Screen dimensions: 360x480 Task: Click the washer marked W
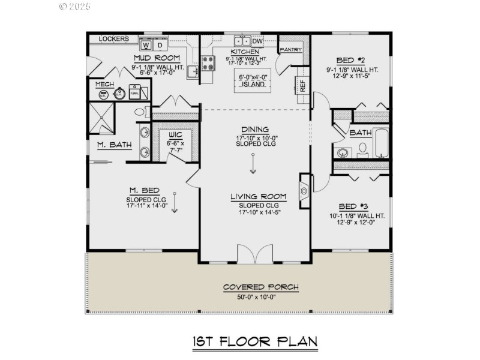point(146,45)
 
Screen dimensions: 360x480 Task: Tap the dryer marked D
point(160,45)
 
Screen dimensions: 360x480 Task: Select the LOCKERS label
point(114,39)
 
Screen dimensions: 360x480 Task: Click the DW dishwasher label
point(257,41)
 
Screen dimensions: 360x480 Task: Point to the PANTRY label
point(290,50)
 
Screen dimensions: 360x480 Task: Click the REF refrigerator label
point(302,85)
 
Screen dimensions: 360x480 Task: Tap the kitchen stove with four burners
point(208,62)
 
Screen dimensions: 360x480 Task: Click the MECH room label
point(105,84)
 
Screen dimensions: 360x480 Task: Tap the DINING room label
point(255,130)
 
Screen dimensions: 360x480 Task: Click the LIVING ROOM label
point(258,196)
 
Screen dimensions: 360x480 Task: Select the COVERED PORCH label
point(260,287)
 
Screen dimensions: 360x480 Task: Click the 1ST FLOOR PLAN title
point(254,341)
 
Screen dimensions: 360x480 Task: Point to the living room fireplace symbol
point(304,191)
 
